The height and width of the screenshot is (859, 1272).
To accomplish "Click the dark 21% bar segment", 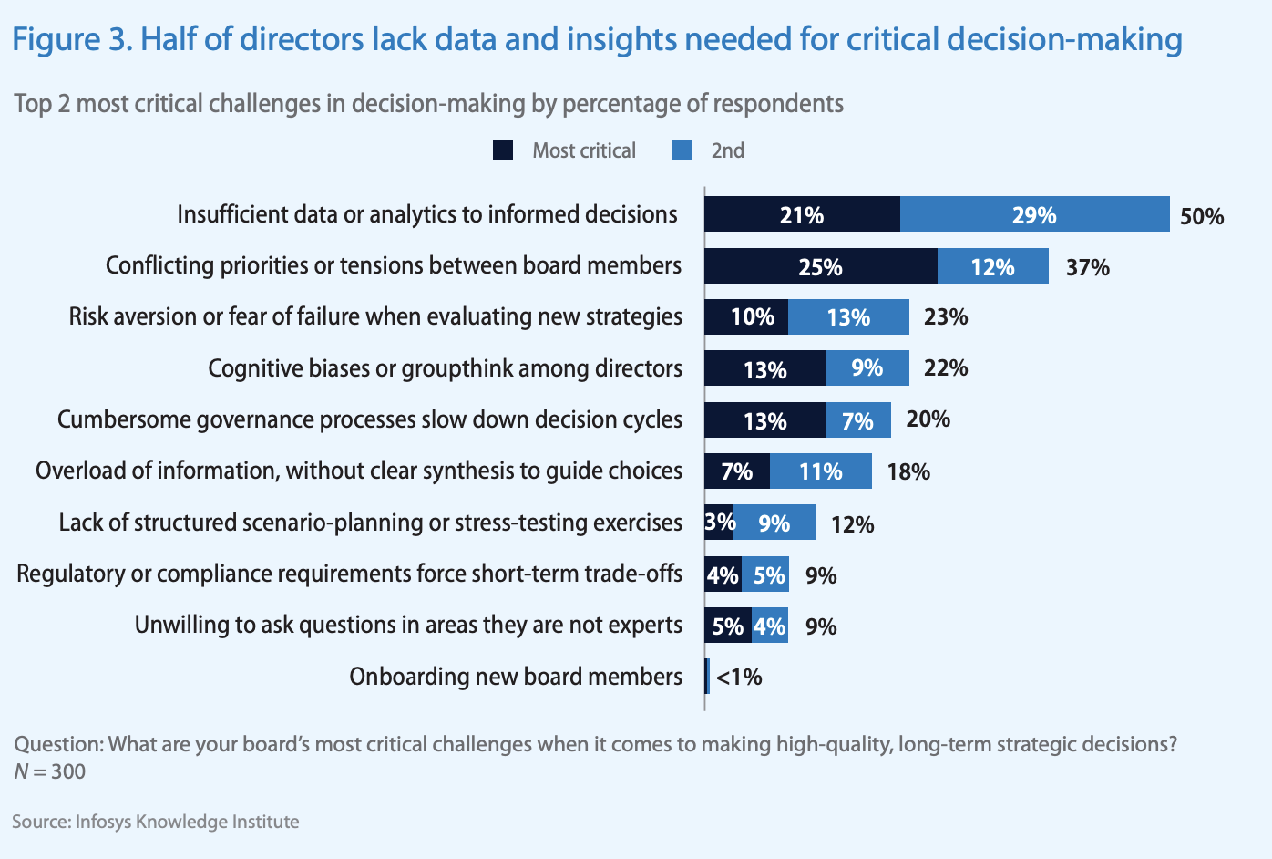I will (x=802, y=214).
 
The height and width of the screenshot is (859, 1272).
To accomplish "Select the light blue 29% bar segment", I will (x=1034, y=214).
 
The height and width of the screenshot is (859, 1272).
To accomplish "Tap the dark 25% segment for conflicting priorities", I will (x=820, y=266).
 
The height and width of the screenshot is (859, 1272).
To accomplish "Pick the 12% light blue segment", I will (x=992, y=266).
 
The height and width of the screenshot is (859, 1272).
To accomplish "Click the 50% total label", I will (x=1201, y=216).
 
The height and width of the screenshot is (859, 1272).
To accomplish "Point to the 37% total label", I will (x=1087, y=267).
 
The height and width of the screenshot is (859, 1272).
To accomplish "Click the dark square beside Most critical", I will (x=503, y=150).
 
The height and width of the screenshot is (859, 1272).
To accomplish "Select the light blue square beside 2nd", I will (x=681, y=150).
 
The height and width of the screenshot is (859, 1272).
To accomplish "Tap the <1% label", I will (x=738, y=677).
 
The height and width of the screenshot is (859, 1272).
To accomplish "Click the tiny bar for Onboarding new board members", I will (x=707, y=676).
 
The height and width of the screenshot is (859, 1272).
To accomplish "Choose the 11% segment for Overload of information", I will (x=820, y=471).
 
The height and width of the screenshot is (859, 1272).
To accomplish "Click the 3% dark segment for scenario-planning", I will (x=718, y=523).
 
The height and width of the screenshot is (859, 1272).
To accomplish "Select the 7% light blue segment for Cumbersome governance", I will (x=857, y=420).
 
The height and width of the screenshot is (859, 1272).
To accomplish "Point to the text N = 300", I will (x=50, y=771).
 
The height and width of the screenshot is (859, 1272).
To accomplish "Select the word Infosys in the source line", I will (x=103, y=822).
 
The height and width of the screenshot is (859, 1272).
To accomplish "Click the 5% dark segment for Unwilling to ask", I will (x=727, y=626).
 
